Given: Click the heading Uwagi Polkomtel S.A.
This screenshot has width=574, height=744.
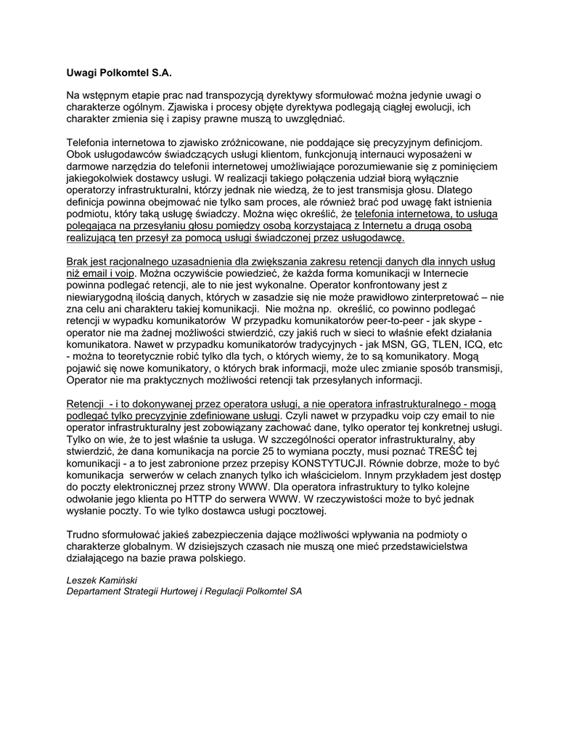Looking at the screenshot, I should (120, 73).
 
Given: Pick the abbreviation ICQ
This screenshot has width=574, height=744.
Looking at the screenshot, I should (472, 344).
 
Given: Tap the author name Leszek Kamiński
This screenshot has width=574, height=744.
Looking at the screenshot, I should (102, 580).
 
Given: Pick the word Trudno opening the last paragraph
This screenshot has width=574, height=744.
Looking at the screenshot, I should (83, 535).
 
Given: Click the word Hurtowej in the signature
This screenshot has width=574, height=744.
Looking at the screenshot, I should (191, 591).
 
